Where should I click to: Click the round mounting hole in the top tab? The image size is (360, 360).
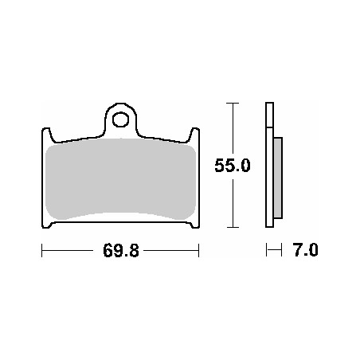click(x=120, y=120)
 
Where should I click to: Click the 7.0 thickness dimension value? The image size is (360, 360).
click(x=306, y=251)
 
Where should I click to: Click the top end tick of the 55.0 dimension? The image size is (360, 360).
click(x=232, y=104)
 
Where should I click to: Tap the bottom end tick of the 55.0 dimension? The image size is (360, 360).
click(x=232, y=227)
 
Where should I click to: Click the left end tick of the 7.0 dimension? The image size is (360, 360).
click(x=267, y=251)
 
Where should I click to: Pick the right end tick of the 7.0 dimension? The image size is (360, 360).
click(x=282, y=251)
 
